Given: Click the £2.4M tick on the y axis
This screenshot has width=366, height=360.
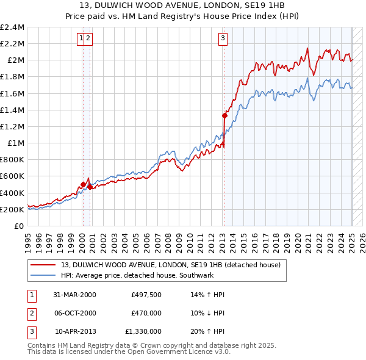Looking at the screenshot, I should click(12, 27).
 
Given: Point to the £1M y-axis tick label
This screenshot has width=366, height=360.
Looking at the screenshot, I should click(15, 143).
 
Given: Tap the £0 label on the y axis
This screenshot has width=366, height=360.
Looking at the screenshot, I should click(18, 226).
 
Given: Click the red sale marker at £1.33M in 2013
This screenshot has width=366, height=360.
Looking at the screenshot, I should click(224, 115).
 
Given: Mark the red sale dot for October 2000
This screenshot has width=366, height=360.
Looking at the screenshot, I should click(90, 187).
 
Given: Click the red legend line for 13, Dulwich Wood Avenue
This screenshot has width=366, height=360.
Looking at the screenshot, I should click(43, 265).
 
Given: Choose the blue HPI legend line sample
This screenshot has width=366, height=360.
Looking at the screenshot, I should click(43, 275).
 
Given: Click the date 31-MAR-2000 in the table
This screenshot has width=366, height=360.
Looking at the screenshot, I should click(74, 295).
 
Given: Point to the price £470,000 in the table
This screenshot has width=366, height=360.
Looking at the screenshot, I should click(146, 313).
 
